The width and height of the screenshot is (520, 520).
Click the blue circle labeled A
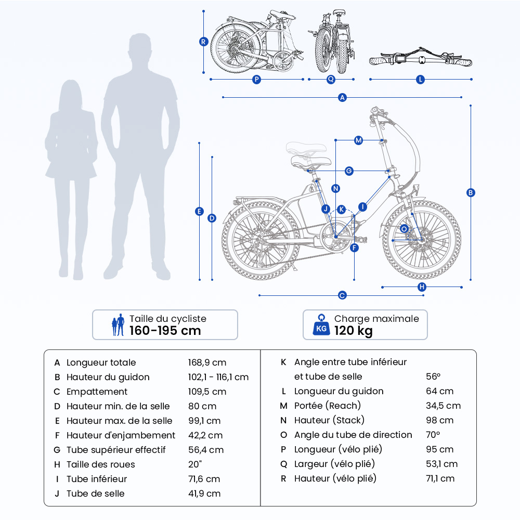click(342, 97)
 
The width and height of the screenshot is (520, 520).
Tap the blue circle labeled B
click(471, 192)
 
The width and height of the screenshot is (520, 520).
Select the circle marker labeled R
click(203, 42)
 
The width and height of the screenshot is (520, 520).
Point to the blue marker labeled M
click(358, 140)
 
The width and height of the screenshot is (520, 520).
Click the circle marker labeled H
click(422, 287)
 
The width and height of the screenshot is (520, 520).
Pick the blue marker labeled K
click(341, 209)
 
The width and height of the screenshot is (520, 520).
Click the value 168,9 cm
click(207, 362)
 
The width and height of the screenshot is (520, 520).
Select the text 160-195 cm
click(165, 331)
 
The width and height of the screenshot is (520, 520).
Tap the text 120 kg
click(354, 331)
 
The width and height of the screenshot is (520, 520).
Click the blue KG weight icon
click(321, 324)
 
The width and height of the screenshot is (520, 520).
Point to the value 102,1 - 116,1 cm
click(218, 377)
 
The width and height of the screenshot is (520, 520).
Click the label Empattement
click(97, 392)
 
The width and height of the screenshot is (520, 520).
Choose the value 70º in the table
click(433, 435)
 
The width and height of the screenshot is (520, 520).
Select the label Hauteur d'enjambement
click(121, 435)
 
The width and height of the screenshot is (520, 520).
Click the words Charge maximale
click(376, 319)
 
